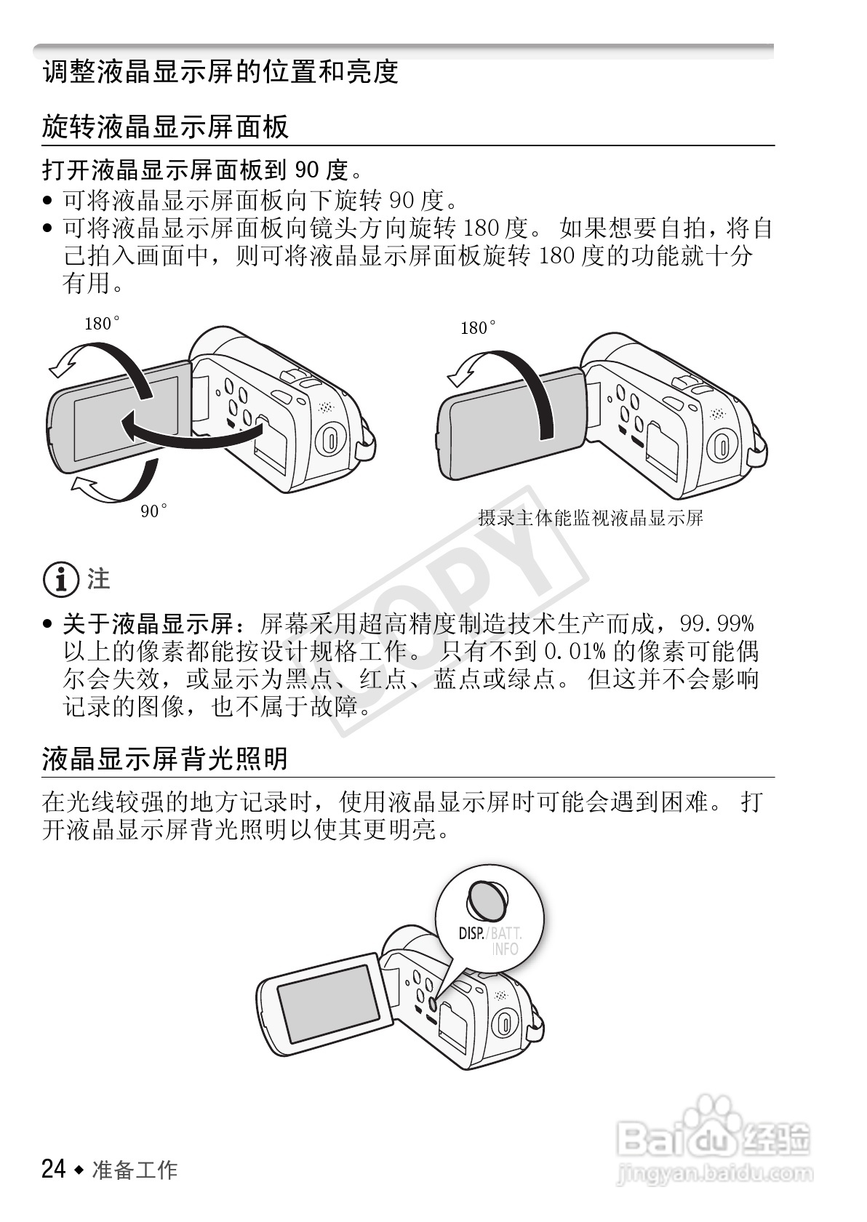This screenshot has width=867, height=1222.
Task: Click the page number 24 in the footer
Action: (x=54, y=1169)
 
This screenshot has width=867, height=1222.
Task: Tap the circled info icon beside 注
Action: (x=60, y=580)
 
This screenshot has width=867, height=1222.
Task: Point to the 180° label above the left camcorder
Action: (x=102, y=324)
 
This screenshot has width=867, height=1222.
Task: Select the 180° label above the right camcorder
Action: (x=479, y=328)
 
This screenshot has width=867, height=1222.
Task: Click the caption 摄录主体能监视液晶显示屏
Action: (x=591, y=518)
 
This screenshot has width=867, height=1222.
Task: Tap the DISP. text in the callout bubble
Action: (x=471, y=933)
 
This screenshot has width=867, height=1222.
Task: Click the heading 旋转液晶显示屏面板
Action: (x=165, y=127)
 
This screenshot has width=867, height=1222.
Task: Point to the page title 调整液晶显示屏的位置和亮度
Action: (x=220, y=71)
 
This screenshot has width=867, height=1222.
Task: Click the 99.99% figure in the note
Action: (x=717, y=623)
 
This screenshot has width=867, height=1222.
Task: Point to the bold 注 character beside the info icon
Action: (x=99, y=579)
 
